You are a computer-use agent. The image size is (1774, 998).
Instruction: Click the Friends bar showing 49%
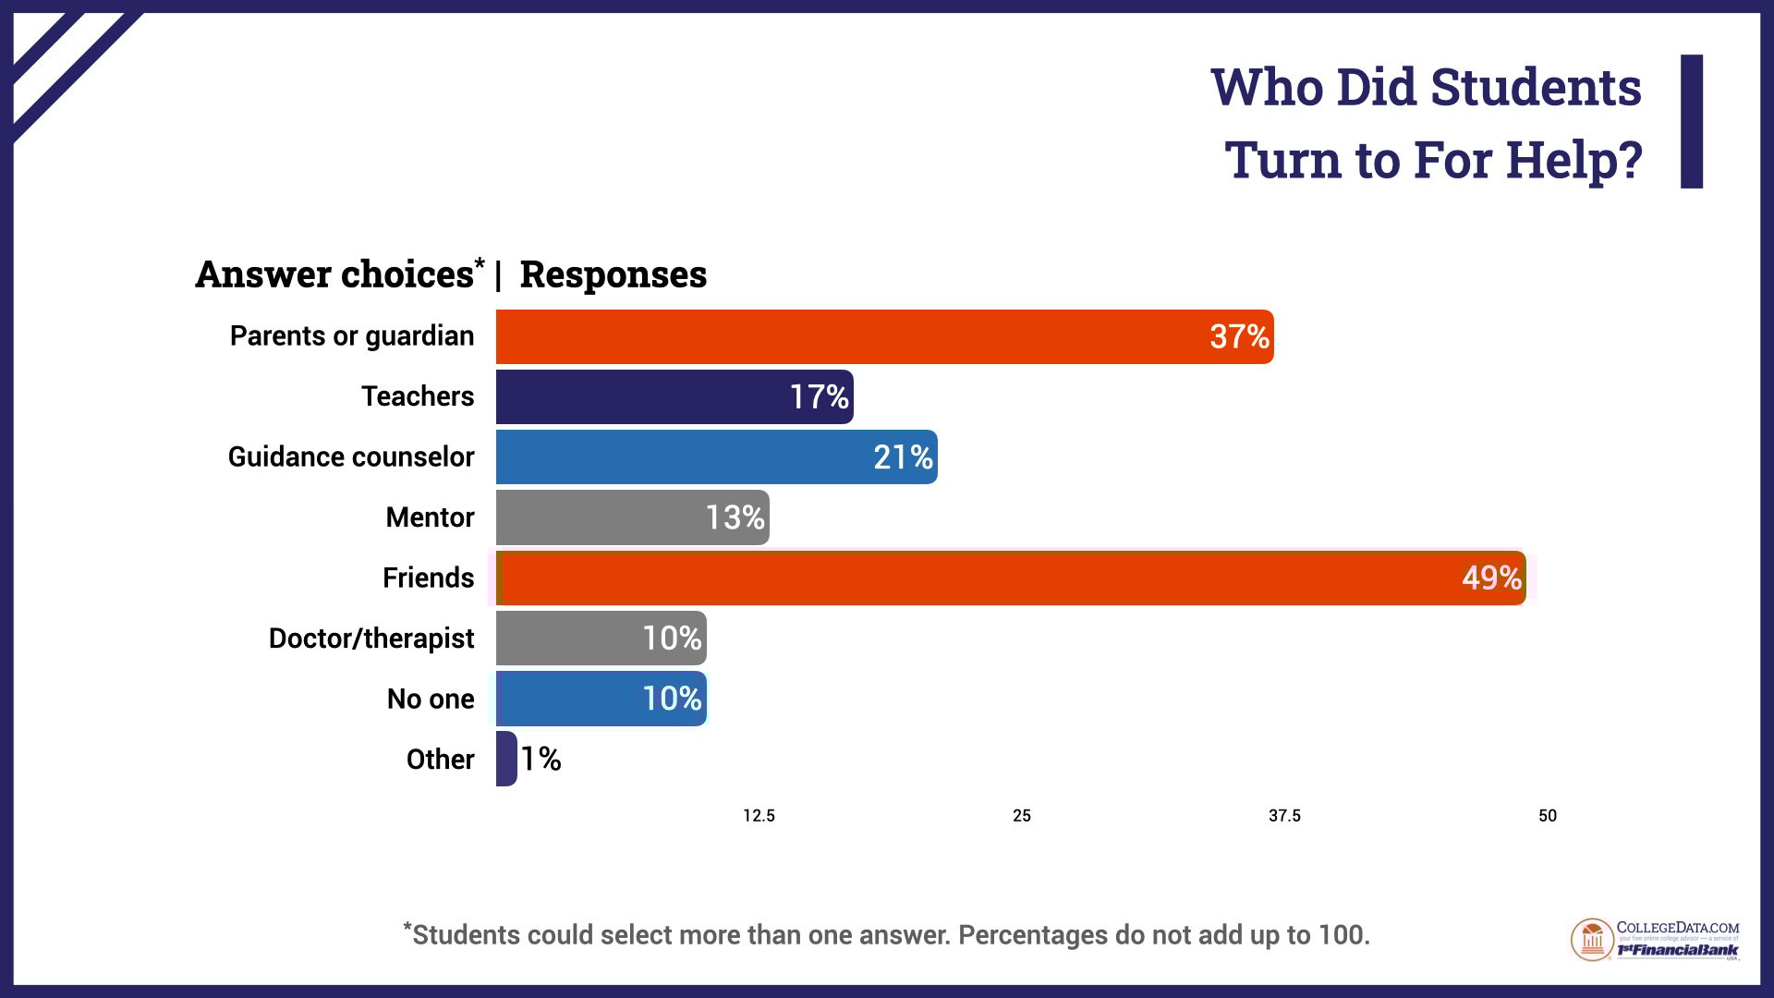(x=1011, y=578)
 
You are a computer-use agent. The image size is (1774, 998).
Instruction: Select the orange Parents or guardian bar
(x=884, y=337)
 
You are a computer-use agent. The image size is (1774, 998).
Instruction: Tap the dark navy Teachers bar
(x=674, y=397)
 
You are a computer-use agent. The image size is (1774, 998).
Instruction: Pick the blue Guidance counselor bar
(x=716, y=457)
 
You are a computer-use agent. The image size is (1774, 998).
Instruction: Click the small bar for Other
(x=506, y=759)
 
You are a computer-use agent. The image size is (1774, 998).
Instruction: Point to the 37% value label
(x=1239, y=337)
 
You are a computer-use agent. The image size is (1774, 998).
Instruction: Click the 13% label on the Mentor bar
(x=735, y=517)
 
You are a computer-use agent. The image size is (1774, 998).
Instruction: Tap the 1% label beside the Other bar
(x=541, y=760)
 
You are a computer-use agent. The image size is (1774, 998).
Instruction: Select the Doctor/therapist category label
(x=371, y=639)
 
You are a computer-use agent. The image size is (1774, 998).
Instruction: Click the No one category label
(x=431, y=699)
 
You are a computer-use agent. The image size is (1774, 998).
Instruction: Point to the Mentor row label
(x=430, y=517)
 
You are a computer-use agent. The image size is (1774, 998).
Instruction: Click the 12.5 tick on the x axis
(x=759, y=816)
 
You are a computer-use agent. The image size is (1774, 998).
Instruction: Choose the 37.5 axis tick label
(x=1284, y=816)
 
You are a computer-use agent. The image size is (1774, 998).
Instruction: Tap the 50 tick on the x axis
(x=1548, y=816)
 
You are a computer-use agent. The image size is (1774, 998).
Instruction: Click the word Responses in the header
(x=614, y=275)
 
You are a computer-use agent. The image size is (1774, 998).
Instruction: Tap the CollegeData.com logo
(x=1655, y=940)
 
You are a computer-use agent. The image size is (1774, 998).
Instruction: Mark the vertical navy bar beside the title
(x=1692, y=121)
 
